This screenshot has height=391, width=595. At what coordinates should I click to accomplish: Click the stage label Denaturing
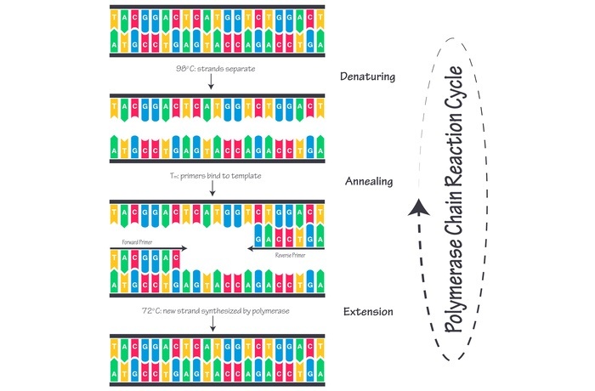pyautogui.click(x=368, y=76)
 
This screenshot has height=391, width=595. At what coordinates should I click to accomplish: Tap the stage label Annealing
pyautogui.click(x=367, y=181)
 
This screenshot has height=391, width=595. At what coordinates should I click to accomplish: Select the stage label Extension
pyautogui.click(x=367, y=312)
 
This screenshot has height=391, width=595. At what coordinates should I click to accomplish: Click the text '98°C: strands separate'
pyautogui.click(x=211, y=65)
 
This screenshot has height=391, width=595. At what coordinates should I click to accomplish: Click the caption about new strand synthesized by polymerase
pyautogui.click(x=216, y=312)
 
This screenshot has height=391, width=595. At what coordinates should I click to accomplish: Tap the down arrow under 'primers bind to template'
pyautogui.click(x=211, y=190)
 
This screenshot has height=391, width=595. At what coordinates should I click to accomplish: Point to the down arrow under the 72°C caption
pyautogui.click(x=211, y=326)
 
